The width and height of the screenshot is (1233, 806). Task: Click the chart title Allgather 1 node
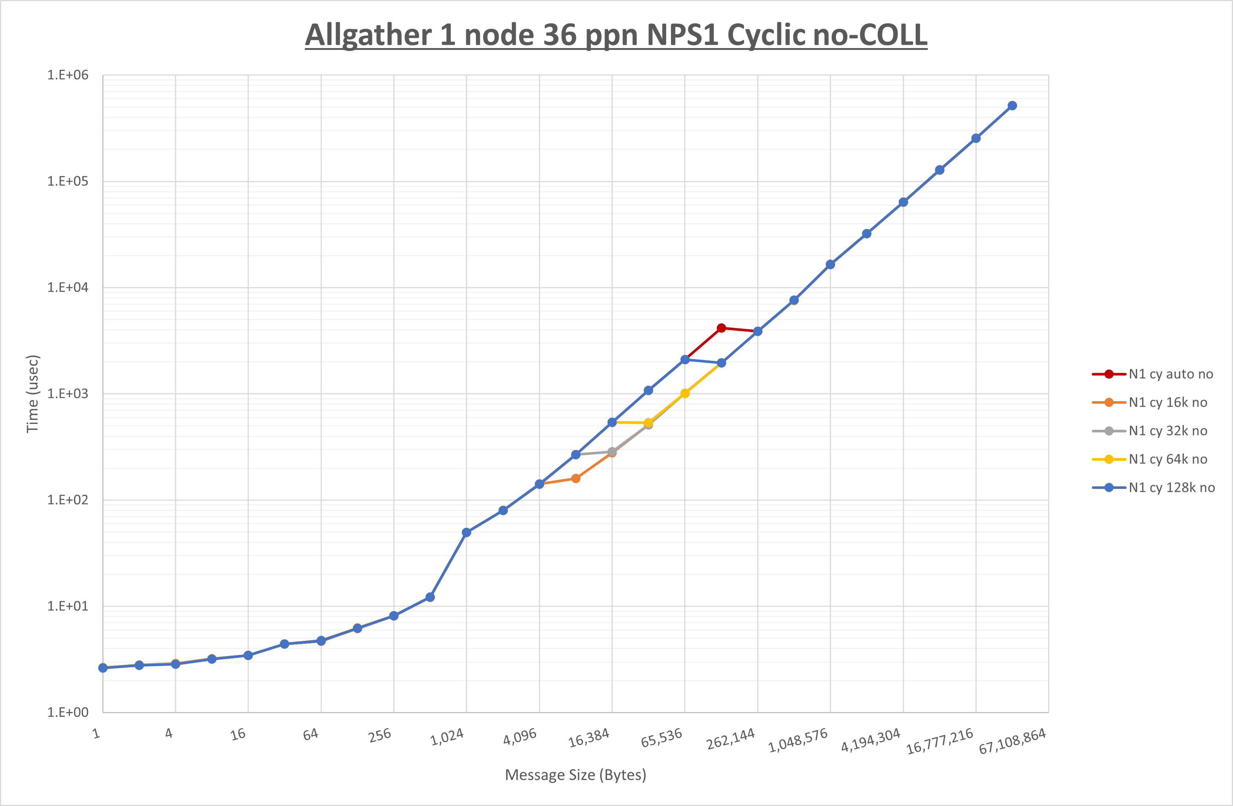[x=616, y=35]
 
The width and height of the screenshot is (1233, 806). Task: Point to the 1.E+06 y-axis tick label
[x=68, y=75]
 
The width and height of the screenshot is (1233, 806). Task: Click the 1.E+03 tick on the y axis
[x=68, y=393]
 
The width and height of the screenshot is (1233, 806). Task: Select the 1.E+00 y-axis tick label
[x=68, y=712]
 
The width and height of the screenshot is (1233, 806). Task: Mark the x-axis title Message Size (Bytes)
[x=576, y=775]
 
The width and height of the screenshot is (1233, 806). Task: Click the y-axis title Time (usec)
[x=33, y=394]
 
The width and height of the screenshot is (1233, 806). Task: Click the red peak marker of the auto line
[x=721, y=328]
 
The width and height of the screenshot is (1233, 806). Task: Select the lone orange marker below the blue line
[x=576, y=478]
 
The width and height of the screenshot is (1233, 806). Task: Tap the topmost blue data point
[x=1012, y=106]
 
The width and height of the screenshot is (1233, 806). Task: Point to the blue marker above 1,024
[x=466, y=532]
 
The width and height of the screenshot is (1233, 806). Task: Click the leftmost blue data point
[x=103, y=668]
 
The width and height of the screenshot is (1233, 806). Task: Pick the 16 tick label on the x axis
[x=238, y=734]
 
